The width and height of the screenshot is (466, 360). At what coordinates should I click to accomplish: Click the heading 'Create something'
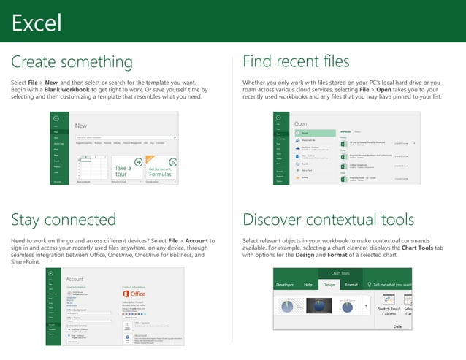pos(72,61)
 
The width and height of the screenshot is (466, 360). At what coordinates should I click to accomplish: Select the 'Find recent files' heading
pos(296,61)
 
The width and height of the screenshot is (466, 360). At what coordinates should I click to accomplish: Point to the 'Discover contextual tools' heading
pos(328,220)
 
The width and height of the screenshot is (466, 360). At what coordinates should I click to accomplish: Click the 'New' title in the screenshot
pos(81,126)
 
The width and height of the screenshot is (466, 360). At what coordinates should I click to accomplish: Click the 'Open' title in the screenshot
pos(301,124)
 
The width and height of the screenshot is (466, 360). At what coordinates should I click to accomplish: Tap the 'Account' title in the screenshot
pos(75,279)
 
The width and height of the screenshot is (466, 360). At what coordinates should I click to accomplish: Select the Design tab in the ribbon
pos(329,284)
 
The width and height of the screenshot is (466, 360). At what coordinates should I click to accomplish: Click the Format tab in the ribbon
pos(351,284)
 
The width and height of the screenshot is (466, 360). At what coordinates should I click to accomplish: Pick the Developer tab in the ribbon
pos(286,284)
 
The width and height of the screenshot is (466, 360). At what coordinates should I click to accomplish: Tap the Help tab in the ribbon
pos(308,284)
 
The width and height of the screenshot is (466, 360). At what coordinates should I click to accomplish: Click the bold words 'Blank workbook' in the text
pos(61,90)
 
